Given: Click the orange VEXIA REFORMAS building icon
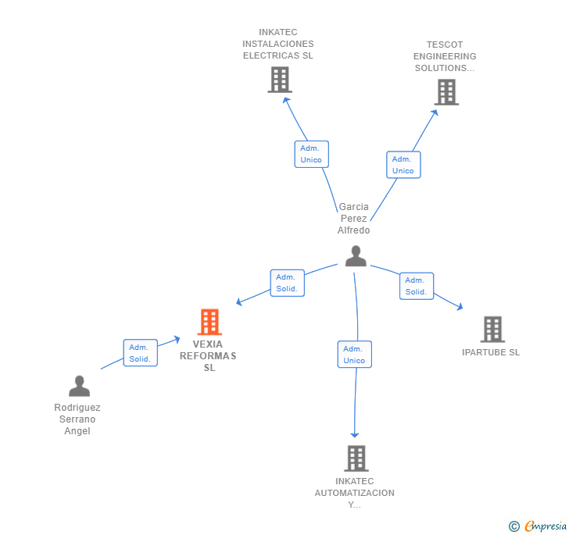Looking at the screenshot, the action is [209, 322].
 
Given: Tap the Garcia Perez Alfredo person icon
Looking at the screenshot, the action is [356, 256].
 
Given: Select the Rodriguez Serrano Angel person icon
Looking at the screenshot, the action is [79, 386].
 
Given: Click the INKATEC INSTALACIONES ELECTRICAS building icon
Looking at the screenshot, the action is [280, 80].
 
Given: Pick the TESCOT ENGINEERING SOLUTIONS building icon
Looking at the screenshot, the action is [446, 92].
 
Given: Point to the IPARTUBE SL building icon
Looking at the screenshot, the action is [492, 330].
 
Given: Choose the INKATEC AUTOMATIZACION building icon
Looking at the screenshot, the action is [356, 458].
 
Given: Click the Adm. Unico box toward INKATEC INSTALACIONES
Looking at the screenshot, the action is [311, 154].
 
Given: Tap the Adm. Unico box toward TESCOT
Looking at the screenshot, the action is [403, 165].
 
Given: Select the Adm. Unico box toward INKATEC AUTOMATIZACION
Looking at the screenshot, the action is [355, 355].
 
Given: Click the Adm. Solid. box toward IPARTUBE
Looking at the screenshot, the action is [417, 286].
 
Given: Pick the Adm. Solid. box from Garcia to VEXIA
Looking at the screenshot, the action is [288, 283].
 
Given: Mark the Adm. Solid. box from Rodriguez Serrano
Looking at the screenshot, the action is [141, 353].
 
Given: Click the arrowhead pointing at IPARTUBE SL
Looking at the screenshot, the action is [460, 307].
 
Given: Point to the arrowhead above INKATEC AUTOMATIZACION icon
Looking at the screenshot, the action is [355, 435].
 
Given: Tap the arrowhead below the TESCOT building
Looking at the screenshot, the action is [435, 112].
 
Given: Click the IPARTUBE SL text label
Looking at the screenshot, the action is [491, 352].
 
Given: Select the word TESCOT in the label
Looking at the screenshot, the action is [445, 45].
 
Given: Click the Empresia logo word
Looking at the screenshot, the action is [546, 526].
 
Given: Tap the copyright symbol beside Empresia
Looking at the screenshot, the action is [514, 526].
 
